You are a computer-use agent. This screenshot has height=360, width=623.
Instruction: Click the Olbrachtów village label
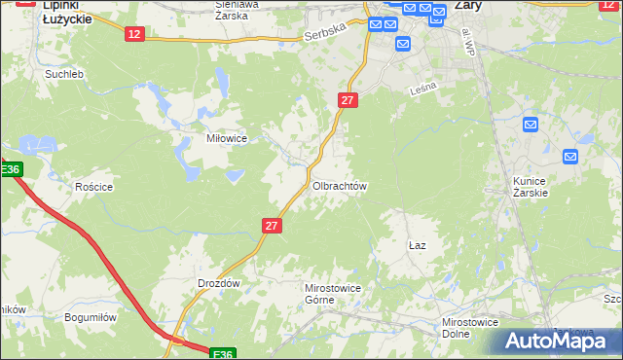tap(339, 185)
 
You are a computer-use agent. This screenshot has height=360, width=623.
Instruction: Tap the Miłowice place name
tap(226, 138)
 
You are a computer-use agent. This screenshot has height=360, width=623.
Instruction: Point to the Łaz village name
tap(418, 246)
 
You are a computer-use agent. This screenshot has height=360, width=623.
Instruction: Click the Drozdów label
tap(218, 282)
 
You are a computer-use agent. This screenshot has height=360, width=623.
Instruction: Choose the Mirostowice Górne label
tap(333, 294)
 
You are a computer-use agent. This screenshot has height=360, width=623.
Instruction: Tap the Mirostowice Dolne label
tap(470, 327)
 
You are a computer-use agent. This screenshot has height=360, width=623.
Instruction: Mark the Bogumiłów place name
tap(91, 317)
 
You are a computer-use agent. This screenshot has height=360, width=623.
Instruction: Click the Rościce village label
tap(94, 187)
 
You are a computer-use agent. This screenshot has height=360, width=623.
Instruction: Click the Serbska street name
tap(324, 36)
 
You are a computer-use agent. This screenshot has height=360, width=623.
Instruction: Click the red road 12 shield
tap(134, 34)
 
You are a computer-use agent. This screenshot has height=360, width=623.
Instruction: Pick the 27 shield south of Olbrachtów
tap(272, 225)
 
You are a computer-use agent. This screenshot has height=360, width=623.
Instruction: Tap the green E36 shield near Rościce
tap(10, 170)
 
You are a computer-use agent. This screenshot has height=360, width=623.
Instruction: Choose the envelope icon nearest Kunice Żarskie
tap(570, 156)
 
